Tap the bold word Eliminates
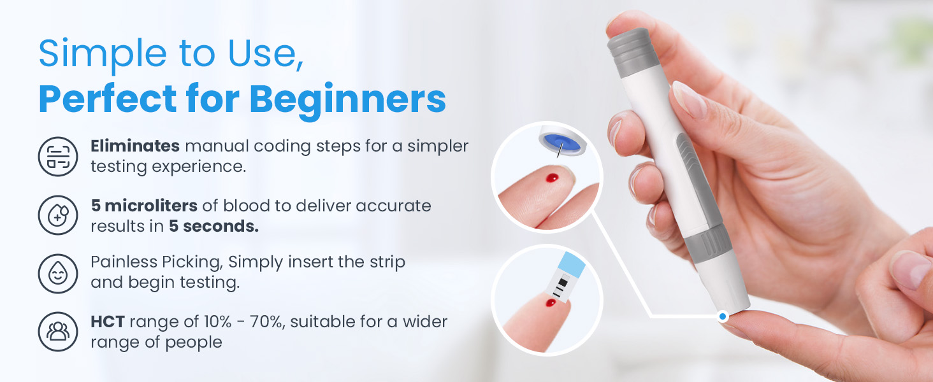tap(134, 146)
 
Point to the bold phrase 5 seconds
tap(213, 227)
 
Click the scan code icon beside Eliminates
tap(57, 156)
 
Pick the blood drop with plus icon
tap(57, 215)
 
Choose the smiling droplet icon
tap(57, 272)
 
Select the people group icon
tap(57, 331)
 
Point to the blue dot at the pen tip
tap(722, 316)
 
